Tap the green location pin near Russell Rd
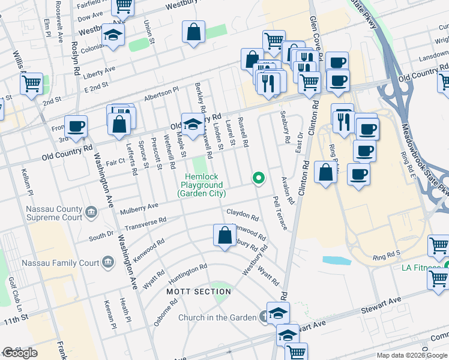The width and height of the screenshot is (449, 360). [259, 178]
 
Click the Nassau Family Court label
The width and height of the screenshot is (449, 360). [60, 263]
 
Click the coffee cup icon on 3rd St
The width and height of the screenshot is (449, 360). [76, 127]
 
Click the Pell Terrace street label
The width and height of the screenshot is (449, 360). [280, 212]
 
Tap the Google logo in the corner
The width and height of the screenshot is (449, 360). [20, 353]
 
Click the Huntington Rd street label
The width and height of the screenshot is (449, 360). [187, 271]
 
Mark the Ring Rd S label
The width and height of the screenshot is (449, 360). [385, 255]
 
